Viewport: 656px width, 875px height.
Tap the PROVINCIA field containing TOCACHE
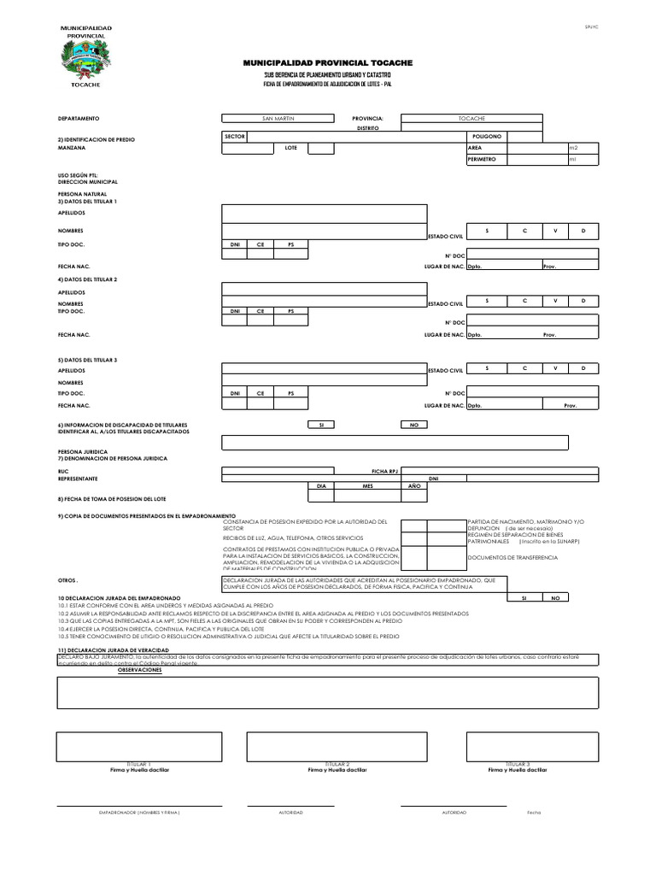coord(471,118)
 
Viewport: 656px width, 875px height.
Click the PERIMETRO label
coord(483,160)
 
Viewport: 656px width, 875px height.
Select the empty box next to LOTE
coord(320,148)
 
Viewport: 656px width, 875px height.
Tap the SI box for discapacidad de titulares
coord(321,424)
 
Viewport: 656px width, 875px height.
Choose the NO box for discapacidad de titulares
coord(413,424)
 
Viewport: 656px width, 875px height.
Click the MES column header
coord(369,485)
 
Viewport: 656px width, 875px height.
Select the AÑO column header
coord(414,485)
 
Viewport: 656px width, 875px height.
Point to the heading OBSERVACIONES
coord(139,670)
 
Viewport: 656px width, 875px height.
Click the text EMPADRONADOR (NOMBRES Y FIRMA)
coord(139,812)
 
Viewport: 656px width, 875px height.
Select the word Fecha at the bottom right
coord(534,812)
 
